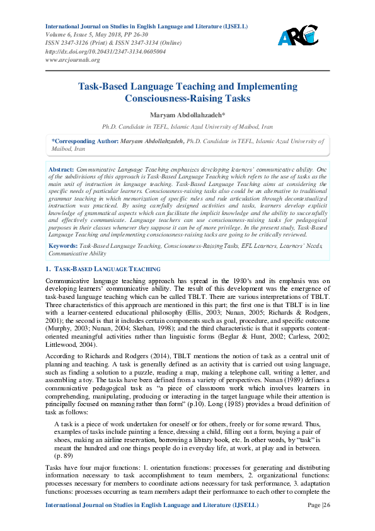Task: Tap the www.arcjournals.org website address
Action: [72, 60]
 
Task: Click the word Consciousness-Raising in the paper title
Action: [170, 99]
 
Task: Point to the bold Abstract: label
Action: [62, 170]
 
